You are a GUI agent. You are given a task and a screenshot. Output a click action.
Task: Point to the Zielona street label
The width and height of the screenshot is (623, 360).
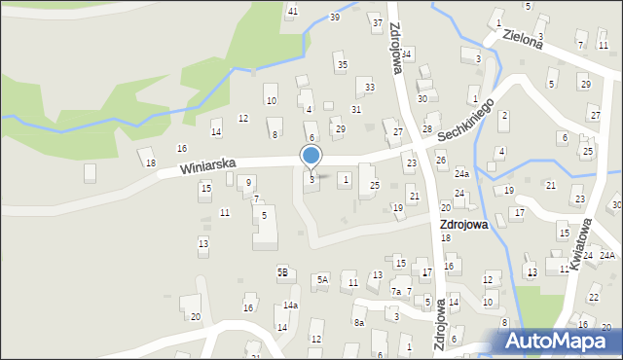[x=523, y=37]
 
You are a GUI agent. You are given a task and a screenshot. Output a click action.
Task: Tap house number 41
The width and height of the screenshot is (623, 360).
[x=292, y=11]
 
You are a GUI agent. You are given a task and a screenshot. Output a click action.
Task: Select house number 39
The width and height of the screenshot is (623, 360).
[x=335, y=18]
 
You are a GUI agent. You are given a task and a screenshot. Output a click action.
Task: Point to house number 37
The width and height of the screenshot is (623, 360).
[x=377, y=21]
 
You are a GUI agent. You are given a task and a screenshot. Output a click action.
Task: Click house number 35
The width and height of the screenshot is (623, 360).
[x=341, y=65]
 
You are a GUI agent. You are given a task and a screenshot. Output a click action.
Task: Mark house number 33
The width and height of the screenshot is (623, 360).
[x=369, y=88]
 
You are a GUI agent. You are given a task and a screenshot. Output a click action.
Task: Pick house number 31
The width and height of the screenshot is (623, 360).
[x=356, y=109]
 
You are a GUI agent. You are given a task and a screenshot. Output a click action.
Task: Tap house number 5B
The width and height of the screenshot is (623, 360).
[x=282, y=272]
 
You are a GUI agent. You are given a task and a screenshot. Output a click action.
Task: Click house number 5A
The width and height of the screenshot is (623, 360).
[x=322, y=280]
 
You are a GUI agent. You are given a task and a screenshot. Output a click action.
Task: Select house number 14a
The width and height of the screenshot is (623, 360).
[x=290, y=306]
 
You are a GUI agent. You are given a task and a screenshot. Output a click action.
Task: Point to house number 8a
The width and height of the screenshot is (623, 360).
[x=359, y=322]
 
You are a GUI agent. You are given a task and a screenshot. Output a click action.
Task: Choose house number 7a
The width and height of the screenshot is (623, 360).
[x=396, y=292]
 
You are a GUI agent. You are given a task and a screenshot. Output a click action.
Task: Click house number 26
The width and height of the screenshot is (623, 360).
[x=440, y=160]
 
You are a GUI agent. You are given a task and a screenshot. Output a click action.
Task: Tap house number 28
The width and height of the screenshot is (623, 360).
[x=427, y=129]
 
